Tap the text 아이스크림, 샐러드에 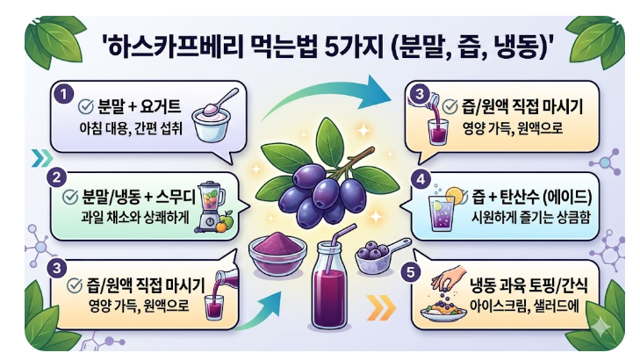(x=532, y=306)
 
